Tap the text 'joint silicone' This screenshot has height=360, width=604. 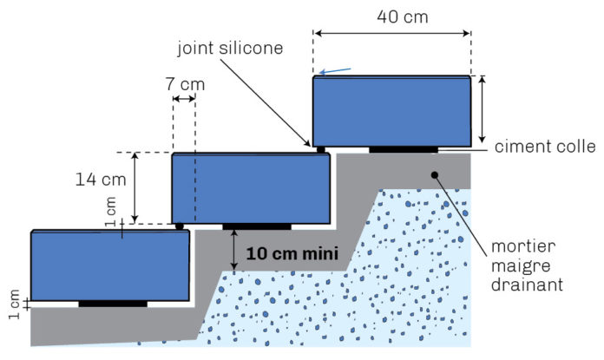(230, 48)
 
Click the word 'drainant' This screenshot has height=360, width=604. (537, 284)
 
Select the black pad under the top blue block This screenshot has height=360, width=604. (403, 150)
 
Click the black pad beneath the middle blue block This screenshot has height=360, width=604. (257, 226)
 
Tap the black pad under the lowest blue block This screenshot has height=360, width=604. (113, 304)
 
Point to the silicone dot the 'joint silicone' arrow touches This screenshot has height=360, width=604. (320, 150)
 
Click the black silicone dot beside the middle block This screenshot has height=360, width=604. (180, 226)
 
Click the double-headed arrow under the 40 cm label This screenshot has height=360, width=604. (392, 33)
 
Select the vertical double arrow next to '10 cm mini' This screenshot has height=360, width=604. (234, 250)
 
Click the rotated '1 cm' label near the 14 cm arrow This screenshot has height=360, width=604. (110, 210)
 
